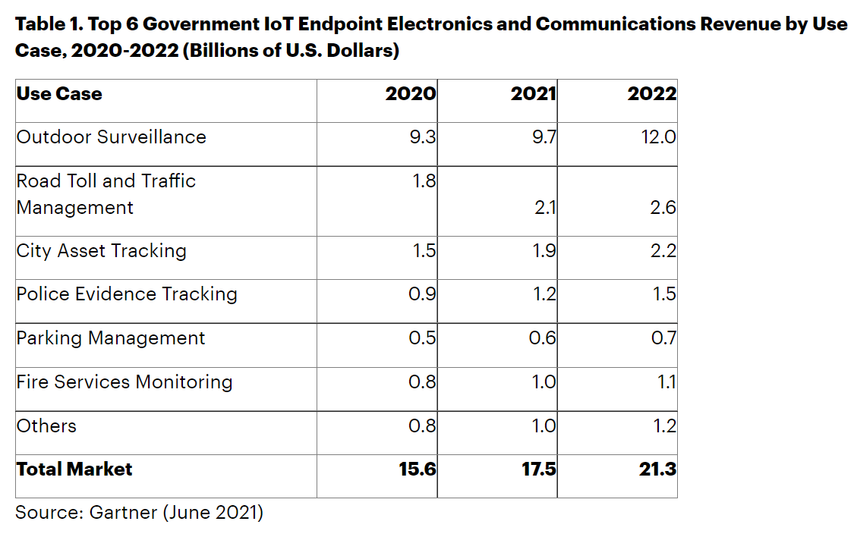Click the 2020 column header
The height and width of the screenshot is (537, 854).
coord(411,94)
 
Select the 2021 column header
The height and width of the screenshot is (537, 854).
coord(533,94)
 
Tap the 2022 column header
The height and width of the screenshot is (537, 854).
coord(653,94)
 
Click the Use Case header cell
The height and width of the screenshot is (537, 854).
coord(59,94)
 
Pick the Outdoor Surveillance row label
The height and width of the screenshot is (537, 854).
coord(112,137)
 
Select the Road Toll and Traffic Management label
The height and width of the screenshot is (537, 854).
coord(106,194)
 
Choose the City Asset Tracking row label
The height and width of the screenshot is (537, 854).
coord(102,251)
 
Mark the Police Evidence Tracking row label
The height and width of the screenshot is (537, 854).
coord(127,294)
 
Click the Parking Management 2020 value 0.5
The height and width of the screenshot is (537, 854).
coord(422,338)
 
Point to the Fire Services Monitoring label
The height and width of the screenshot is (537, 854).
coord(124,382)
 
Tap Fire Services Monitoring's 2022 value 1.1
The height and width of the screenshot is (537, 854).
coord(666,382)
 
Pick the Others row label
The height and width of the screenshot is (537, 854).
coord(46,426)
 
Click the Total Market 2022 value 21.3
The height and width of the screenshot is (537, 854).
coord(657,469)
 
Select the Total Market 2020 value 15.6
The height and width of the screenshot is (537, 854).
coord(418,469)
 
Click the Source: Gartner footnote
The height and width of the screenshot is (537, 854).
coord(139,513)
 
